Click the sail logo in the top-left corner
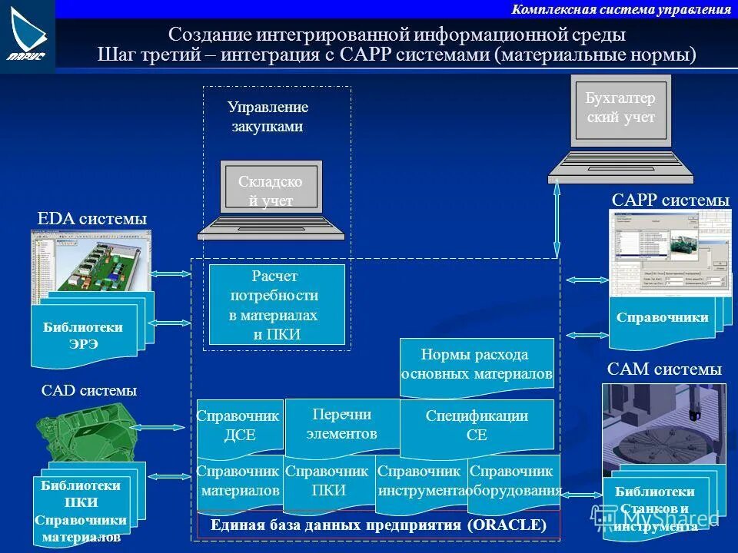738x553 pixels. click(x=28, y=35)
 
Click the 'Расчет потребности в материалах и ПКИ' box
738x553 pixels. click(x=277, y=305)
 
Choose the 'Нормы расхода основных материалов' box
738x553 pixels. click(x=476, y=364)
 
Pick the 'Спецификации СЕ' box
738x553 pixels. click(x=477, y=426)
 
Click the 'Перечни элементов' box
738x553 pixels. click(x=341, y=424)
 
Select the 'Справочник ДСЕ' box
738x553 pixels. click(x=238, y=426)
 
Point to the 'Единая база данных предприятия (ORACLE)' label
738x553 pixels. click(x=378, y=525)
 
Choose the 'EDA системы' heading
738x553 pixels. click(x=91, y=219)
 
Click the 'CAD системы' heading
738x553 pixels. click(x=88, y=391)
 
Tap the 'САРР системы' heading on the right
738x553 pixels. click(x=670, y=200)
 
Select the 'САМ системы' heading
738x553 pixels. click(x=664, y=369)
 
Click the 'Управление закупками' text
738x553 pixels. click(x=268, y=117)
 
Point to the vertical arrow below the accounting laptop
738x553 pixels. click(x=556, y=219)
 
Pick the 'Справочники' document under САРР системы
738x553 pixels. click(x=662, y=318)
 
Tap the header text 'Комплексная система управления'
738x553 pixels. click(x=620, y=9)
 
